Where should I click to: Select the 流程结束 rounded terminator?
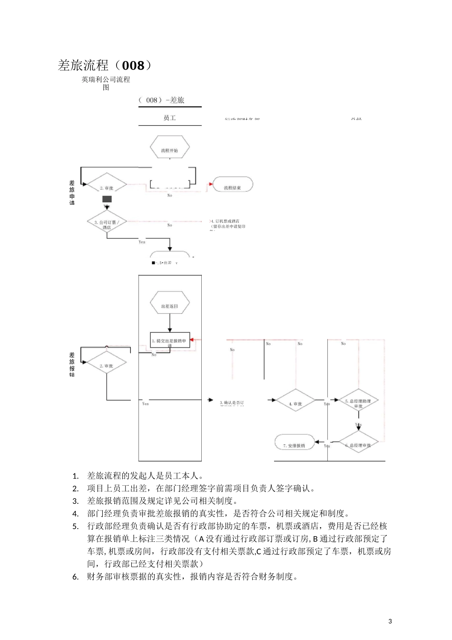(x=232, y=188)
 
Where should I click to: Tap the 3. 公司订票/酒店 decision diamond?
(x=107, y=224)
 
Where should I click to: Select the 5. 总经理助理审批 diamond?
(x=358, y=403)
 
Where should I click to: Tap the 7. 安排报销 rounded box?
(x=295, y=445)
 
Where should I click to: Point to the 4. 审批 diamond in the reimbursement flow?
(x=295, y=403)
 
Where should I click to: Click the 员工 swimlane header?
(x=170, y=118)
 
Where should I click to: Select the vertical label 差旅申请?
(x=72, y=193)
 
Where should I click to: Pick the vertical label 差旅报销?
(x=72, y=365)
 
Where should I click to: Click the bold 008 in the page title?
(x=133, y=65)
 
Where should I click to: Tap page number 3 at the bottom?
(x=390, y=621)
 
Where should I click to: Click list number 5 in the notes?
(x=75, y=526)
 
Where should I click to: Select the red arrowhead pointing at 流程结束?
(x=210, y=184)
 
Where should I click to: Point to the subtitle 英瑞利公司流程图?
(x=106, y=83)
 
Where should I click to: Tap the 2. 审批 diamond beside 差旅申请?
(x=107, y=188)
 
